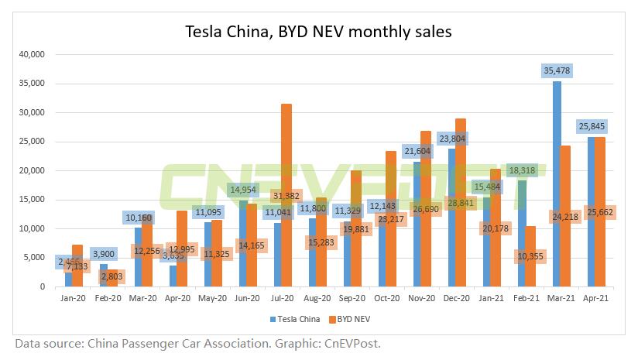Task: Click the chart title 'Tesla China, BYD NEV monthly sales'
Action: click(318, 32)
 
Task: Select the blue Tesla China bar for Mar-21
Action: click(557, 186)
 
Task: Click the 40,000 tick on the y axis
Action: click(32, 55)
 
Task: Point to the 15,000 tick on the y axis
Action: click(32, 200)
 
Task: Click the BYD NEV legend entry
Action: click(353, 318)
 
